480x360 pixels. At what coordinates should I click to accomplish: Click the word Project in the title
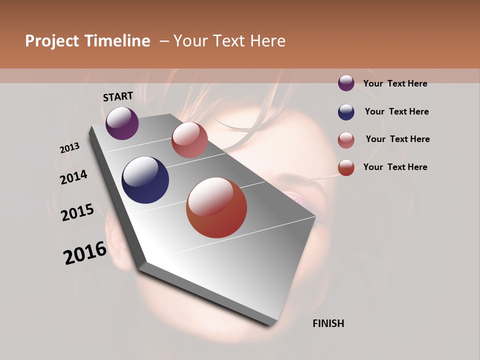pyautogui.click(x=52, y=41)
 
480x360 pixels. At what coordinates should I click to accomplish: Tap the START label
pyautogui.click(x=118, y=96)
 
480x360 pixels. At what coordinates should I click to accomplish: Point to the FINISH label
pyautogui.click(x=328, y=323)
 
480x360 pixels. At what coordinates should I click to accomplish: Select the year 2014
pyautogui.click(x=74, y=177)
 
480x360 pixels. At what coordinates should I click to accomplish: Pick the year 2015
pyautogui.click(x=77, y=212)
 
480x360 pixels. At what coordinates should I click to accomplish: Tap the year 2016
pyautogui.click(x=85, y=253)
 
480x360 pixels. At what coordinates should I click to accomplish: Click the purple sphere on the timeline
pyautogui.click(x=122, y=123)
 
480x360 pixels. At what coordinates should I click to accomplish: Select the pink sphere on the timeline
pyautogui.click(x=189, y=140)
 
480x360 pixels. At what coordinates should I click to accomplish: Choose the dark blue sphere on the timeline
pyautogui.click(x=145, y=180)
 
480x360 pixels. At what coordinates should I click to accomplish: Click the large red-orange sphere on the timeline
pyautogui.click(x=216, y=207)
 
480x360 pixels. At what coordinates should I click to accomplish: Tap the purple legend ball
pyautogui.click(x=346, y=83)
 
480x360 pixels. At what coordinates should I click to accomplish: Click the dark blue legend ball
pyautogui.click(x=346, y=111)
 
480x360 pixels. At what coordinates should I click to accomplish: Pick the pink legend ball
pyautogui.click(x=346, y=139)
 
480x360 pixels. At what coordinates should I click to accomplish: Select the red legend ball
pyautogui.click(x=346, y=167)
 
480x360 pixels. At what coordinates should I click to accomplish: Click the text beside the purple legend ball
pyautogui.click(x=395, y=83)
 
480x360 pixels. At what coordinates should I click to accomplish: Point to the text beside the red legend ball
pyautogui.click(x=395, y=167)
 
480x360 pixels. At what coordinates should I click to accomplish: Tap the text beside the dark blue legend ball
pyautogui.click(x=397, y=111)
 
